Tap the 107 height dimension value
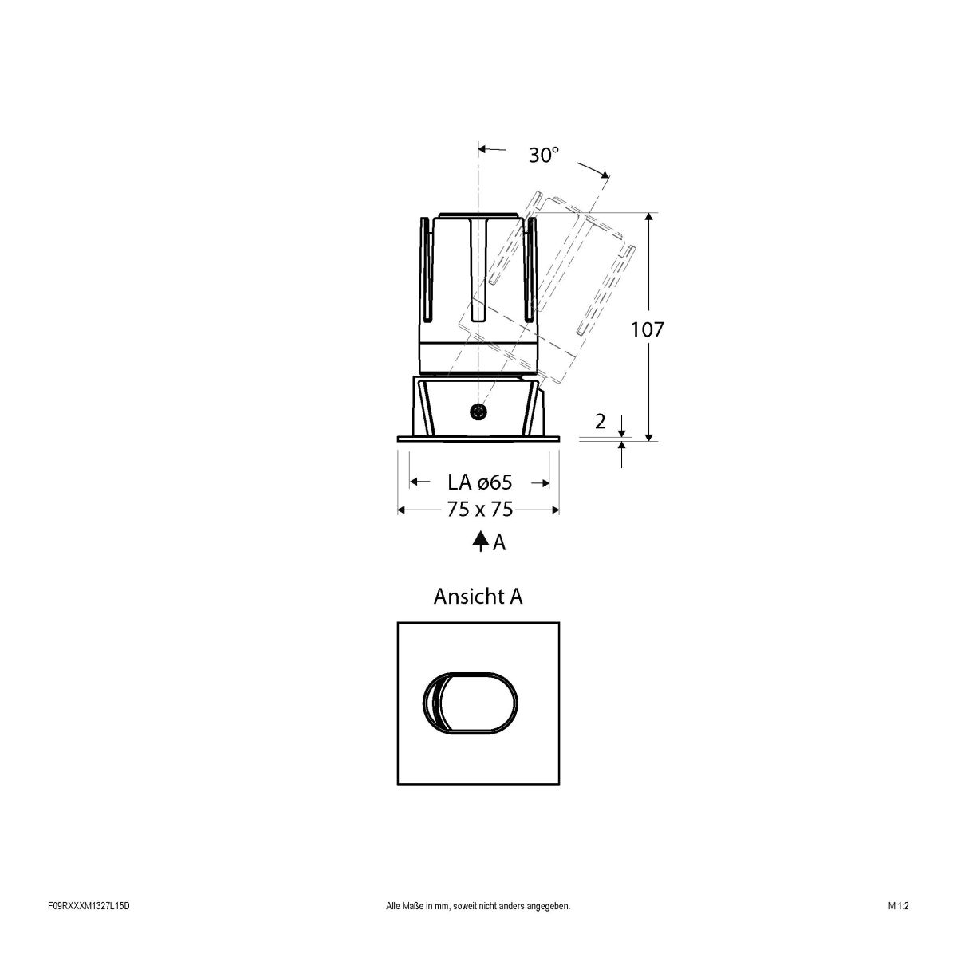647,329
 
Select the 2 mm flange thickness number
601,423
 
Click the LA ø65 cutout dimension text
478,482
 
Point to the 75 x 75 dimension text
479,510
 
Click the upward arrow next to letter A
480,542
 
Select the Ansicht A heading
478,596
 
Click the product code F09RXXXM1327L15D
88,928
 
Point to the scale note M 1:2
898,928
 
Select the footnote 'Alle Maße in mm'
478,928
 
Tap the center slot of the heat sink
478,267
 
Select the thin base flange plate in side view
478,438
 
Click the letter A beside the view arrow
499,542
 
